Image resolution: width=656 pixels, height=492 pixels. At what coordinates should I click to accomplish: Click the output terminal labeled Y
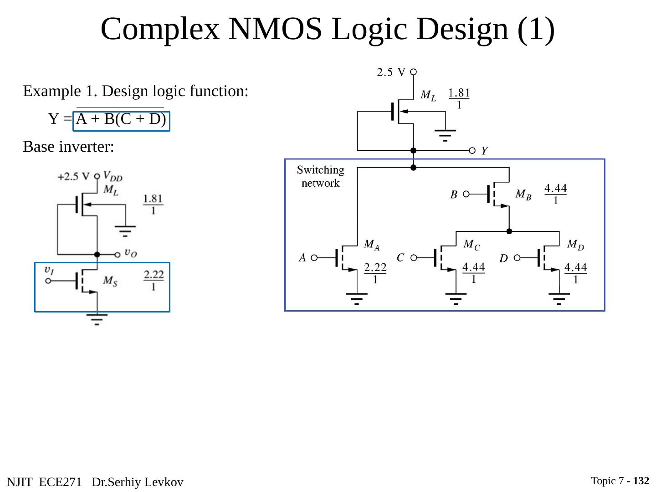472,150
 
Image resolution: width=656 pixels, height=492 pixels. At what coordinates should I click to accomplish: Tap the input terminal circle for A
314,257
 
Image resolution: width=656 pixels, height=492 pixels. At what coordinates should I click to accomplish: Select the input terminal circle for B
466,194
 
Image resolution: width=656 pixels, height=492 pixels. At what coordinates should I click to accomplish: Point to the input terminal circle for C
414,257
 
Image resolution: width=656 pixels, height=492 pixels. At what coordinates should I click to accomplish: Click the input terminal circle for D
517,257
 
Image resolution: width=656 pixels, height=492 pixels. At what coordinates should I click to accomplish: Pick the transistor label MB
523,195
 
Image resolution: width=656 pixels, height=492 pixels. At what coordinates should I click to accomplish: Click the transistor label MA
371,245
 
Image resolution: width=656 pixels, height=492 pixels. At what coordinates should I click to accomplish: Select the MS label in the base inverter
110,281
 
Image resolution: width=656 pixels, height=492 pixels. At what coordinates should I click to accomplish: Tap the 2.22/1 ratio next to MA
375,273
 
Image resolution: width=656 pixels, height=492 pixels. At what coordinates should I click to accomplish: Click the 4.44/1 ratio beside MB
555,194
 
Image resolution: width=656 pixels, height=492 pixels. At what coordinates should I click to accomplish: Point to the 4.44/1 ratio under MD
575,273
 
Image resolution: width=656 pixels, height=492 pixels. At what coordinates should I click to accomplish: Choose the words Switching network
320,176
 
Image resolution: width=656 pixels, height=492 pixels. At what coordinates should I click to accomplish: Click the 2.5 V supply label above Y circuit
391,72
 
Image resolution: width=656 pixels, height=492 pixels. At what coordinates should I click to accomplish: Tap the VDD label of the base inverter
113,176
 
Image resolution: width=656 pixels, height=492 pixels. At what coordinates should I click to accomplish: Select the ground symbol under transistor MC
456,299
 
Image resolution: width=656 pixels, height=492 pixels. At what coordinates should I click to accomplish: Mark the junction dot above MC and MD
509,231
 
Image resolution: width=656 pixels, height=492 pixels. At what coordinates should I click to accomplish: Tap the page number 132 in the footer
641,481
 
